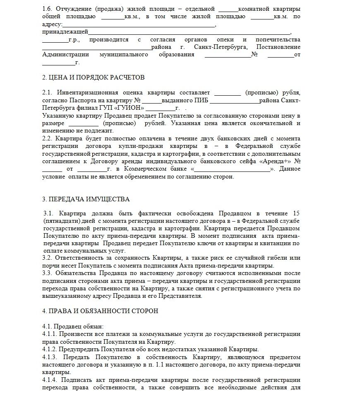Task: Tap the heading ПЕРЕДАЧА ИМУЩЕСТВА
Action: click(86, 199)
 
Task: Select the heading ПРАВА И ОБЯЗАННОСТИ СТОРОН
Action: click(100, 311)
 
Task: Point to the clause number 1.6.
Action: click(48, 9)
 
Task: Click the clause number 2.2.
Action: click(48, 138)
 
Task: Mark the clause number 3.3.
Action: click(48, 273)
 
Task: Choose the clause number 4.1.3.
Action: click(50, 357)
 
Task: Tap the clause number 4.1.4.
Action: click(50, 380)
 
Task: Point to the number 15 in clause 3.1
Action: click(296, 213)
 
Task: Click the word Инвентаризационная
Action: click(87, 92)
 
